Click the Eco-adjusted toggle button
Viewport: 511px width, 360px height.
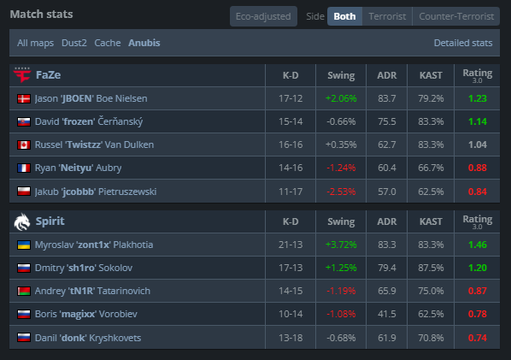click(263, 16)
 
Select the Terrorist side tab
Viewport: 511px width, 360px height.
click(387, 16)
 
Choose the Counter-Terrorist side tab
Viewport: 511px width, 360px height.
click(456, 16)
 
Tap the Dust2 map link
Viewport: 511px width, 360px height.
click(74, 43)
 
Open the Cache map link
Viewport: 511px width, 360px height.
click(108, 43)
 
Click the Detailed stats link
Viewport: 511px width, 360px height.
click(463, 43)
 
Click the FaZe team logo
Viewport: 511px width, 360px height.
click(22, 75)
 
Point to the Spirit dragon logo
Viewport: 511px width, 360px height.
click(22, 221)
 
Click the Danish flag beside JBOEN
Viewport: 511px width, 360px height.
click(24, 98)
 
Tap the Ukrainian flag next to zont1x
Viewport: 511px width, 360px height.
click(24, 245)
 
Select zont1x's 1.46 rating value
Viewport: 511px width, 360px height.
click(478, 245)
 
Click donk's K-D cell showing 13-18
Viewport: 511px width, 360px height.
click(291, 338)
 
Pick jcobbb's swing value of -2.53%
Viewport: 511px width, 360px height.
click(341, 192)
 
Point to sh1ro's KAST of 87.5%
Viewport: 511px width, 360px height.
click(431, 268)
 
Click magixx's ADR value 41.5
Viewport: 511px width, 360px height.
click(387, 314)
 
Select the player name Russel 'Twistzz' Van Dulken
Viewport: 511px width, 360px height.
click(94, 145)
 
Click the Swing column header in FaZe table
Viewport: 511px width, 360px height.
click(341, 75)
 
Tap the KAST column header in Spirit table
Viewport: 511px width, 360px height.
click(431, 221)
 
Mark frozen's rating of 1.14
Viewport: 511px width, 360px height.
click(478, 121)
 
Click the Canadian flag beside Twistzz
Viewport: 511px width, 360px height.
click(24, 145)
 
